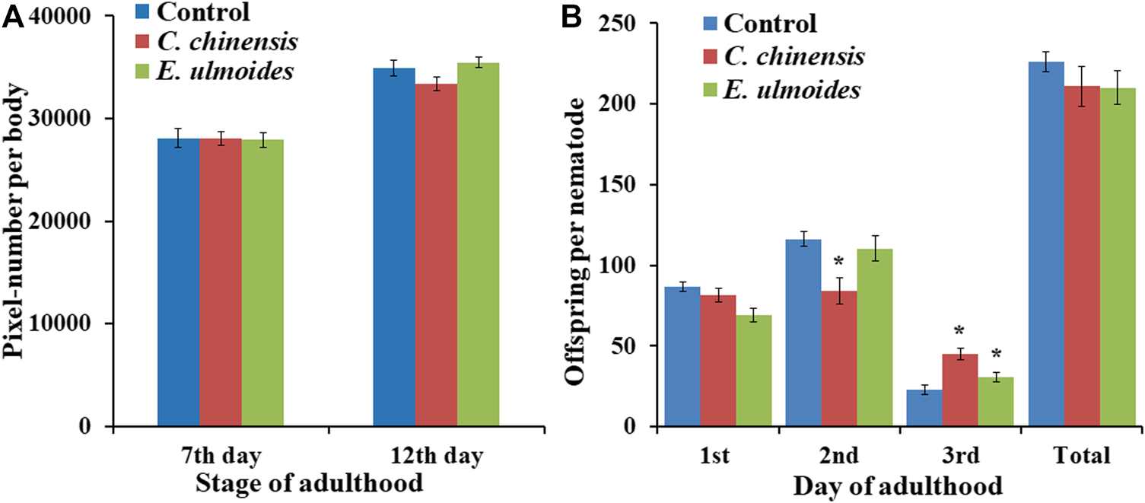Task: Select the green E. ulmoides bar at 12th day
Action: (x=478, y=244)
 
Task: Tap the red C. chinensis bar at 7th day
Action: (x=221, y=282)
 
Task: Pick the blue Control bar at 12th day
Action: (x=394, y=247)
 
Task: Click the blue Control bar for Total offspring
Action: (x=1046, y=244)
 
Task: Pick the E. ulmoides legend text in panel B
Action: (x=792, y=89)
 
